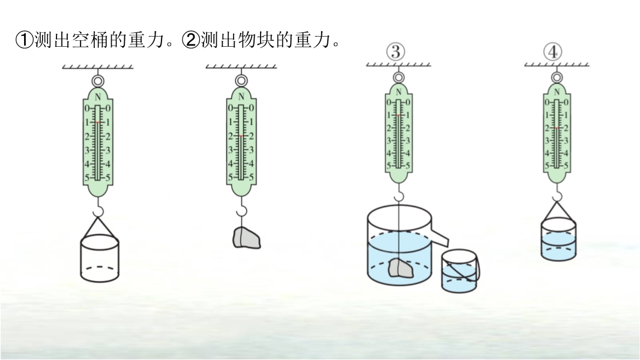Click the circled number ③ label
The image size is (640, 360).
tap(395, 52)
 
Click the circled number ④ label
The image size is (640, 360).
tap(552, 52)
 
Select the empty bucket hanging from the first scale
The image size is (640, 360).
tap(100, 257)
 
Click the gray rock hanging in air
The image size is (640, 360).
tap(246, 238)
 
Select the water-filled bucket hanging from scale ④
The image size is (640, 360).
tap(558, 239)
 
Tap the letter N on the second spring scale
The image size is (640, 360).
tap(241, 97)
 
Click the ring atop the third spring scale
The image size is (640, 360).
tap(397, 77)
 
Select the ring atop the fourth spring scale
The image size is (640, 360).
tap(557, 77)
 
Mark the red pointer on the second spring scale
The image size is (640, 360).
tap(241, 137)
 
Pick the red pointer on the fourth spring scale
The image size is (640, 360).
tap(557, 128)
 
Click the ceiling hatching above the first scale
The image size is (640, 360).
tap(98, 67)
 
